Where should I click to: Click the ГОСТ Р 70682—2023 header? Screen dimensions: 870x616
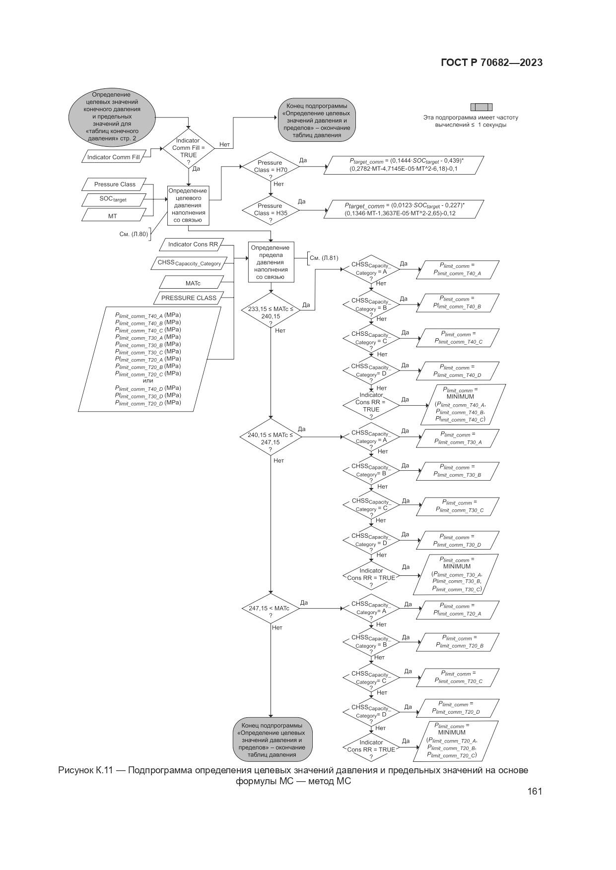(x=491, y=62)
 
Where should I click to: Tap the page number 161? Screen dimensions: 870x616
(x=535, y=791)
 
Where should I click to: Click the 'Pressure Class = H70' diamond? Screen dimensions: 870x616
(x=270, y=167)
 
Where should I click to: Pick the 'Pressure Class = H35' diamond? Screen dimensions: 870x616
(x=270, y=210)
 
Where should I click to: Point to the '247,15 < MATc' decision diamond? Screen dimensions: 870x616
(x=271, y=609)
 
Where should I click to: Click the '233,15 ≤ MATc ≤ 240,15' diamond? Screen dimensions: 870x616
(x=271, y=312)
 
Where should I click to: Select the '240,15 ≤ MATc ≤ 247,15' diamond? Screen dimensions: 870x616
(x=271, y=437)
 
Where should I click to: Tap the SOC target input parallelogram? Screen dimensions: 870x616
(x=113, y=199)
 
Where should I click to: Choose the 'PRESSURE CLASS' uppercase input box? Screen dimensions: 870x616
(x=189, y=298)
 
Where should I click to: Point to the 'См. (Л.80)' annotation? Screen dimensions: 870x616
(x=134, y=234)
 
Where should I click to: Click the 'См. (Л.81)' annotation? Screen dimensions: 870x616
(x=324, y=258)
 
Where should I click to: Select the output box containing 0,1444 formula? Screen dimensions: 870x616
(x=404, y=165)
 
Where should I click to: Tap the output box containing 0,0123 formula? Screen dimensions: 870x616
(x=404, y=209)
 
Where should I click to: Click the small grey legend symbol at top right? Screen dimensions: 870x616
(x=481, y=107)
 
